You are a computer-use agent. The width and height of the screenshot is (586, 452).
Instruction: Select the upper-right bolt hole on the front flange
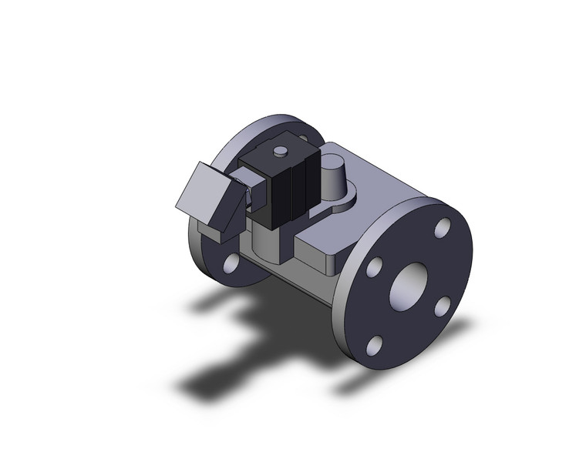pyautogui.click(x=442, y=228)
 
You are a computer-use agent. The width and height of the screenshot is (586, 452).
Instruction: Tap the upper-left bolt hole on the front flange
pyautogui.click(x=374, y=267)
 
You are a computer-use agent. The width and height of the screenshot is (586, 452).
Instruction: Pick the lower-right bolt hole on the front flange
pyautogui.click(x=442, y=306)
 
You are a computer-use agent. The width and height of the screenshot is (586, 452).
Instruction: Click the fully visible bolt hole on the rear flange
pyautogui.click(x=231, y=264)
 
